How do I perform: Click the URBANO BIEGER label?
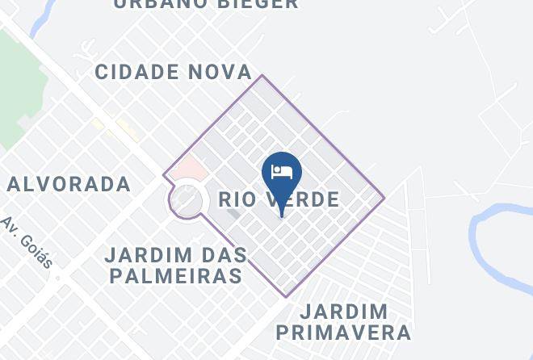coord(206,4)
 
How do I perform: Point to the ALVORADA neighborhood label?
coord(69,184)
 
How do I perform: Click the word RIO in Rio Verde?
coord(237,199)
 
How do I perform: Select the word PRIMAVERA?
coord(343,332)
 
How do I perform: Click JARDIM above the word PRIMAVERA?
coord(343,312)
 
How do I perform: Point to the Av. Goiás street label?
coord(27,242)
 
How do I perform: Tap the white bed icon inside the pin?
coord(282,171)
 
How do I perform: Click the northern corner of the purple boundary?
coord(262,76)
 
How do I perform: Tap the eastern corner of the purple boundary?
coord(384,196)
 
